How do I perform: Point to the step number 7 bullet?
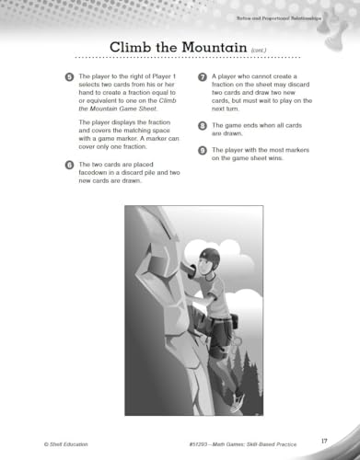(203, 75)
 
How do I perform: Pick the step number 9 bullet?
(203, 150)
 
